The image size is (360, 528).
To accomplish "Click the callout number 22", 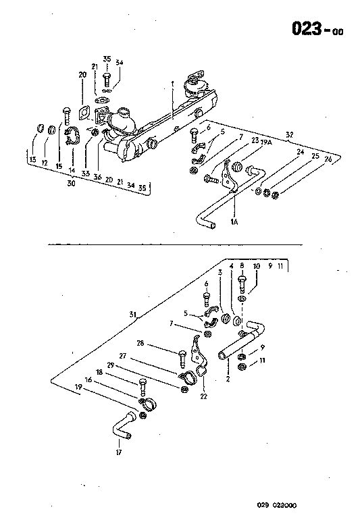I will coord(203,396).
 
